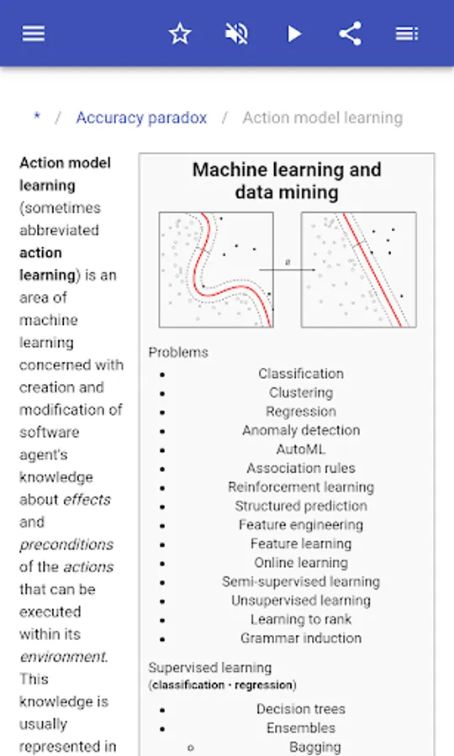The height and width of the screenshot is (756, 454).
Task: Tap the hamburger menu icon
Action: pyautogui.click(x=34, y=34)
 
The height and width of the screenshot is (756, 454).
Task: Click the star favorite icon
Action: pyautogui.click(x=180, y=34)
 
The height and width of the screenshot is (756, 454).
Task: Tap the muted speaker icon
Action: pyautogui.click(x=236, y=34)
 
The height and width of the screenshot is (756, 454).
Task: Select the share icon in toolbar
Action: pyautogui.click(x=351, y=34)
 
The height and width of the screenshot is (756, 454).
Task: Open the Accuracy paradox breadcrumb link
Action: pyautogui.click(x=141, y=118)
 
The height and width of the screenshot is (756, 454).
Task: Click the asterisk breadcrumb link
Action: pyautogui.click(x=37, y=117)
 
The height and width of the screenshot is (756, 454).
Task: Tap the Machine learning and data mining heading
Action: pyautogui.click(x=287, y=181)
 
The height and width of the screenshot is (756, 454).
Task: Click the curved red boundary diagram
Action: pyautogui.click(x=216, y=270)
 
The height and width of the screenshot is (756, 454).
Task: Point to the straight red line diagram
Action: pyautogui.click(x=358, y=270)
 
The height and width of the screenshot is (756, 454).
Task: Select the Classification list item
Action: pyautogui.click(x=301, y=374)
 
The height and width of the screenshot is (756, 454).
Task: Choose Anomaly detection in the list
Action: pyautogui.click(x=301, y=430)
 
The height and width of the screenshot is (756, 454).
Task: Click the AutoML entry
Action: pyautogui.click(x=301, y=449)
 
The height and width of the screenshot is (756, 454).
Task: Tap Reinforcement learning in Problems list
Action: pyautogui.click(x=301, y=487)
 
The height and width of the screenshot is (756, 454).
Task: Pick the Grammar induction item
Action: pyautogui.click(x=301, y=638)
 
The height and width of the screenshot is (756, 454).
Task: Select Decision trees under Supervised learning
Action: pyautogui.click(x=301, y=709)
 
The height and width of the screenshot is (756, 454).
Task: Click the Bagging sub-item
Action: pyautogui.click(x=315, y=747)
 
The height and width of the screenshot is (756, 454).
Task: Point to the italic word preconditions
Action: pyautogui.click(x=66, y=545)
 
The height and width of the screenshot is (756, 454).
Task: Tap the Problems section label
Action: pyautogui.click(x=178, y=353)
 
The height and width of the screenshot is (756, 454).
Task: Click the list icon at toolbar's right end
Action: pyautogui.click(x=407, y=34)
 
